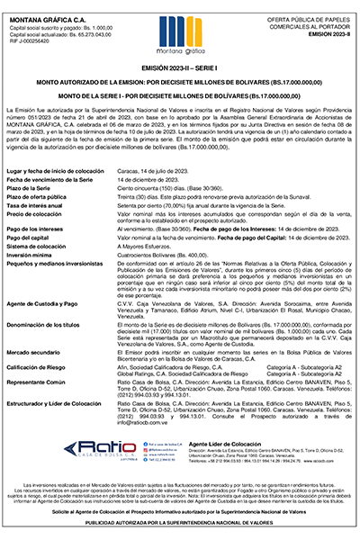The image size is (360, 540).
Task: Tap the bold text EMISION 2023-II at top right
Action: (320, 35)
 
